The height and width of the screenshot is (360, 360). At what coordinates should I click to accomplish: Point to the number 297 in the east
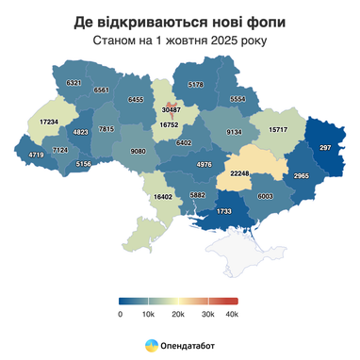[x=326, y=150]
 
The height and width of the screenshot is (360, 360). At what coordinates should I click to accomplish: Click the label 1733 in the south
[x=224, y=212]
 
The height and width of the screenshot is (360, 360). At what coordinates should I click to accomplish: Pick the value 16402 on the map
[x=163, y=197]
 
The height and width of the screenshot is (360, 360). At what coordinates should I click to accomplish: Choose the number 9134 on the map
[x=236, y=133]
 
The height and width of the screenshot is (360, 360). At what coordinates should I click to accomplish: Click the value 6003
[x=265, y=196]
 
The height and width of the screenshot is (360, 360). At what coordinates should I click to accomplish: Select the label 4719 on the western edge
[x=37, y=154]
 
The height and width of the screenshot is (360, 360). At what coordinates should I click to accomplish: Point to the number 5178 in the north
[x=196, y=85]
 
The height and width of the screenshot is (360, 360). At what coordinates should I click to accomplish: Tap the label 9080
[x=138, y=151]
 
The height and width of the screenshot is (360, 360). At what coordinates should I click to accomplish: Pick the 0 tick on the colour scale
[x=121, y=313]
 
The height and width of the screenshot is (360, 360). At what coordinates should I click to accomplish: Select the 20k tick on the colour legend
[x=176, y=313]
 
